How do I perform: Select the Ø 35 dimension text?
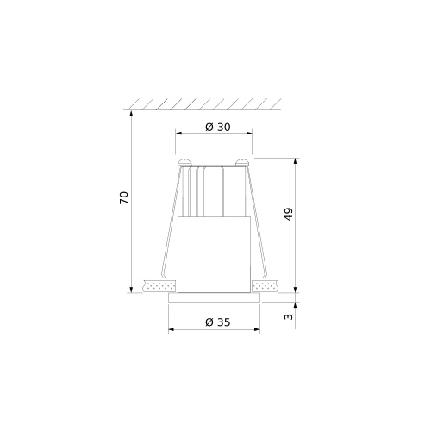(x=218, y=322)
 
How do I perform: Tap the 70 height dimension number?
(x=123, y=197)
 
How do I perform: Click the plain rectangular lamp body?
(x=215, y=254)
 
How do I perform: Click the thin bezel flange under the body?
(x=215, y=297)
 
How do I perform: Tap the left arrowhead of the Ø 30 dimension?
(x=179, y=134)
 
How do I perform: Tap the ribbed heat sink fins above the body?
(x=211, y=194)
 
